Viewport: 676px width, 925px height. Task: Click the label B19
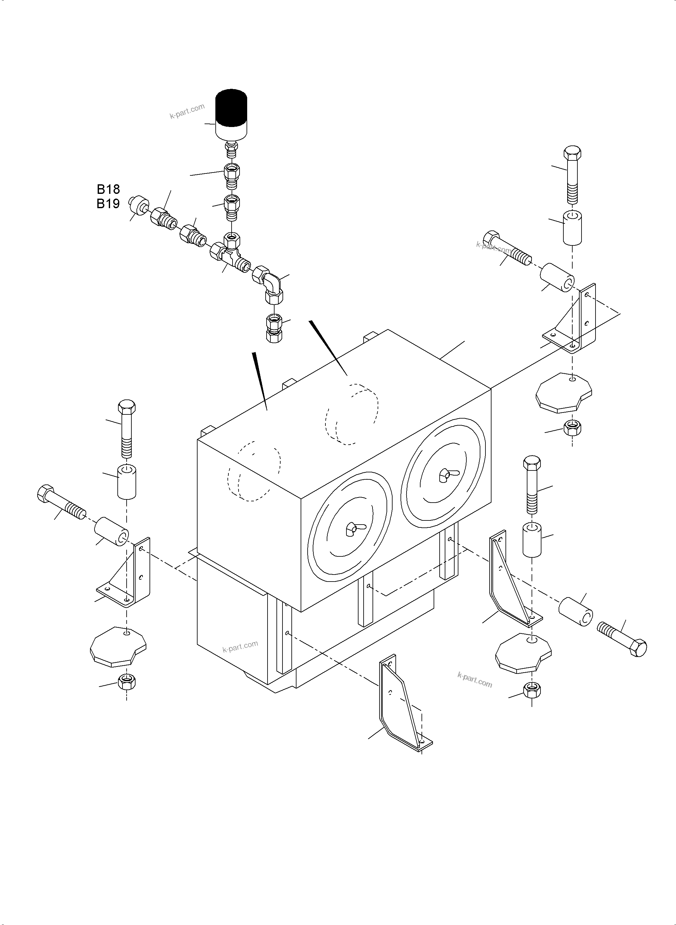click(108, 203)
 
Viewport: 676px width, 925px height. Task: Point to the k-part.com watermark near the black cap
click(187, 111)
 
